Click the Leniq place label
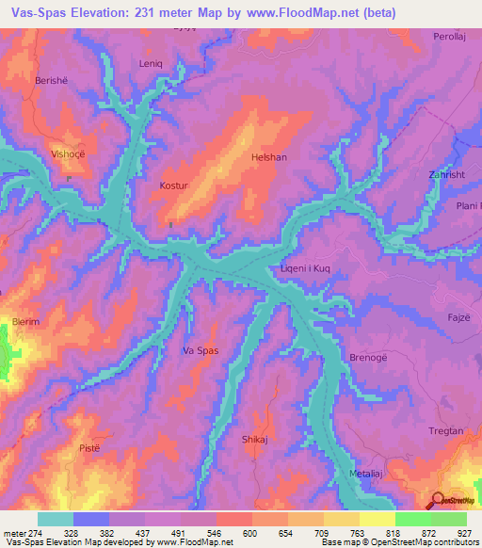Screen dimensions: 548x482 pyautogui.click(x=152, y=65)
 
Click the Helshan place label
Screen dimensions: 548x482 pyautogui.click(x=267, y=158)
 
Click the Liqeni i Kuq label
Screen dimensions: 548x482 pyautogui.click(x=305, y=269)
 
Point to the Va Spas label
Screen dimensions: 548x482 pyautogui.click(x=201, y=351)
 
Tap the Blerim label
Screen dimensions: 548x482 pyautogui.click(x=25, y=322)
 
